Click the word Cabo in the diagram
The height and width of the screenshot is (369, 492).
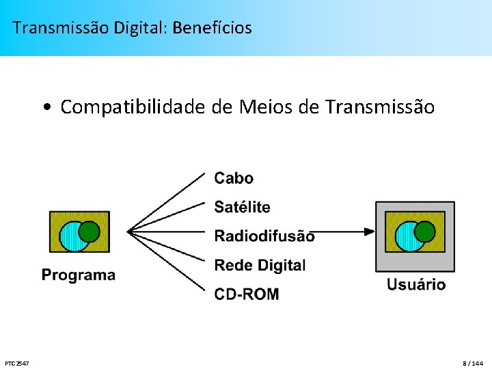[234, 178]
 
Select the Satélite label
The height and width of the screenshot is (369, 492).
[242, 207]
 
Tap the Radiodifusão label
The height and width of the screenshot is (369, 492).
[264, 236]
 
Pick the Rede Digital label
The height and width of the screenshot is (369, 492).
[260, 265]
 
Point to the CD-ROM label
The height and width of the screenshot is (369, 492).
[246, 295]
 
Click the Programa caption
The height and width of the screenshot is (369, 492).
[79, 275]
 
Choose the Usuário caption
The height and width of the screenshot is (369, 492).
[416, 284]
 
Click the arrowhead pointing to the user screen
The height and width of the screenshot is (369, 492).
[370, 232]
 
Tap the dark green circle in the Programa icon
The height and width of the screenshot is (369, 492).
[90, 232]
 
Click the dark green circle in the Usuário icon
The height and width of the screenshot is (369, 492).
[425, 232]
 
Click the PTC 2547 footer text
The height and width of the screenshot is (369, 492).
[16, 363]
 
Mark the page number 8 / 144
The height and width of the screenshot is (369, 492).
[472, 363]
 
